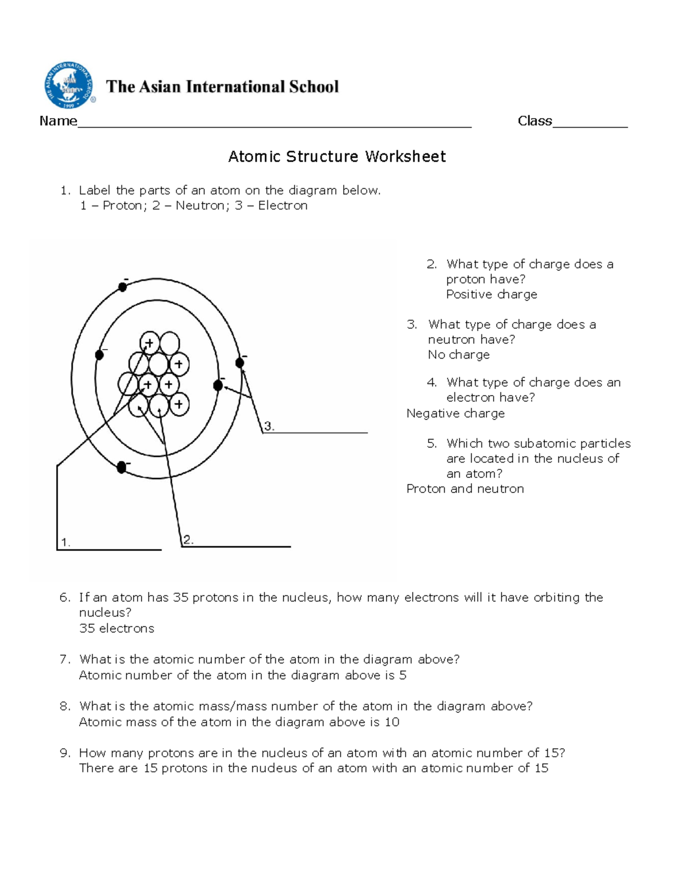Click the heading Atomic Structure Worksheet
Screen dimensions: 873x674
(x=336, y=156)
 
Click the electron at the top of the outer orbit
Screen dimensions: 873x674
(x=122, y=287)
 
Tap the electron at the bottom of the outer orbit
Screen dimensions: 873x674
(x=121, y=467)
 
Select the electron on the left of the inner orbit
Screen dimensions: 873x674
(x=99, y=355)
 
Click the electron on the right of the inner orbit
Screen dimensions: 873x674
(x=218, y=385)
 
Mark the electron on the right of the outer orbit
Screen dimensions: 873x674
(x=240, y=363)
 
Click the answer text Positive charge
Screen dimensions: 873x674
(x=491, y=295)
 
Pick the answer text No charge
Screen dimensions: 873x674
(x=458, y=355)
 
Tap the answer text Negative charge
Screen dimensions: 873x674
(x=455, y=413)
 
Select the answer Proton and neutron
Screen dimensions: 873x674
(x=464, y=488)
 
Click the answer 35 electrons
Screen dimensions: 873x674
(x=116, y=628)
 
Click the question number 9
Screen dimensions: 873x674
(x=65, y=753)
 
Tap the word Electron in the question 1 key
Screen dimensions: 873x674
(x=283, y=206)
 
